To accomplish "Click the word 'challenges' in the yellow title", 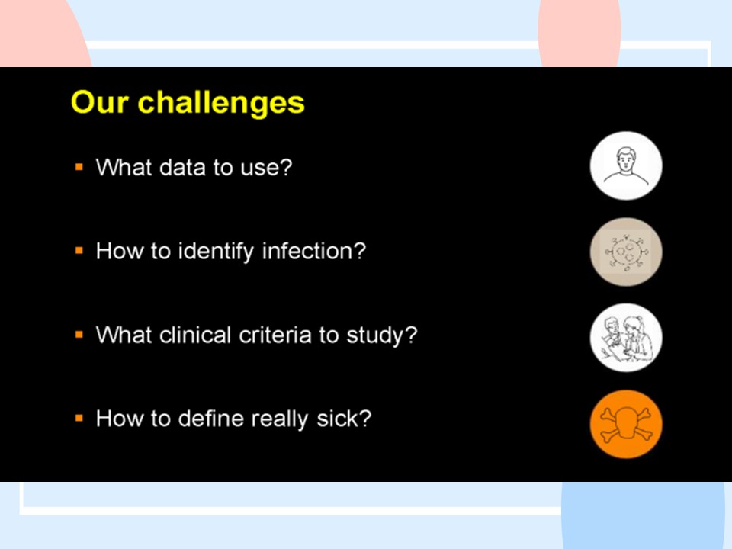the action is click(221, 103).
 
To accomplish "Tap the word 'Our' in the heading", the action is click(99, 101).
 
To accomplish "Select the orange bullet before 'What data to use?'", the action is click(79, 167).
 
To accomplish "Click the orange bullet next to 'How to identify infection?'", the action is click(79, 251).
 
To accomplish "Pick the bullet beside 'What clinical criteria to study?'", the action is click(79, 334).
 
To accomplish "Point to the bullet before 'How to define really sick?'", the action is click(79, 418).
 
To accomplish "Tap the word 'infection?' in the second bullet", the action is click(313, 251).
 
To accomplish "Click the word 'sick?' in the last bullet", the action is click(344, 419).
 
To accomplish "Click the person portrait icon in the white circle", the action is click(626, 165).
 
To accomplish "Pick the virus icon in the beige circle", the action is click(626, 252).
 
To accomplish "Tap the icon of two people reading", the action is click(626, 338).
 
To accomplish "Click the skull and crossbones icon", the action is click(626, 424).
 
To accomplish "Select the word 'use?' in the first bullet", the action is click(266, 167).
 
